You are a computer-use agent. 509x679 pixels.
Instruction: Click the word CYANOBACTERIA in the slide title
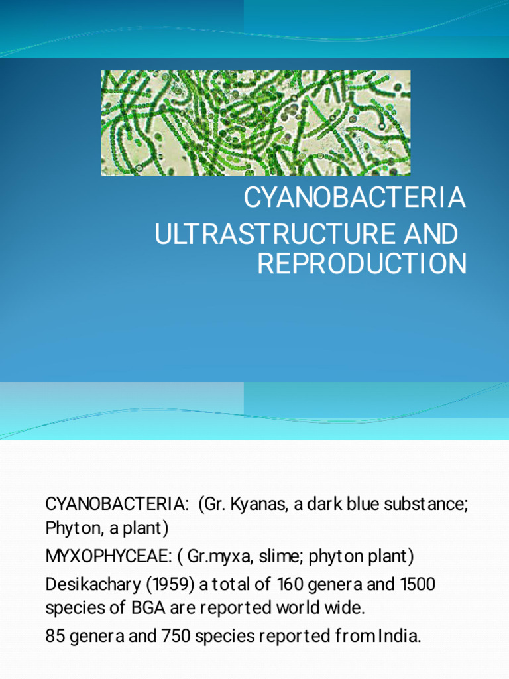(x=355, y=198)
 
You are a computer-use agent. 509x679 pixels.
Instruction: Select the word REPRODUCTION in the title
(x=361, y=263)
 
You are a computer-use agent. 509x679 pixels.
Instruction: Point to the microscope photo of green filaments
(x=255, y=123)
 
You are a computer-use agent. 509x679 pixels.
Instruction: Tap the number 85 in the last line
(x=54, y=637)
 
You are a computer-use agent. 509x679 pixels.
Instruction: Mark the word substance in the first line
(x=429, y=503)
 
